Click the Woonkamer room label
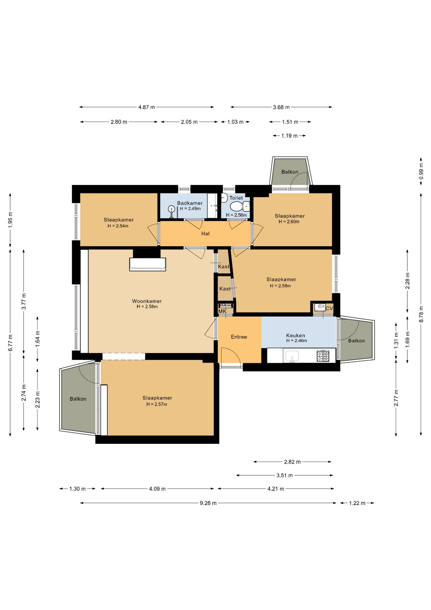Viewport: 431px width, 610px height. coord(147,301)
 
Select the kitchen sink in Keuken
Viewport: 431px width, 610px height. coord(292,356)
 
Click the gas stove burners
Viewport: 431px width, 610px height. coord(323,356)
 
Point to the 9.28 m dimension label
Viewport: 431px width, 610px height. coord(208,503)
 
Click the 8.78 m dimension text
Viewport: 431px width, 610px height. coord(421,314)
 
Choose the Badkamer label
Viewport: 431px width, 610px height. coord(190,203)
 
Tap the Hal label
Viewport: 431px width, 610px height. coord(205,234)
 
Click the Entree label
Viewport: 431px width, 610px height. coord(239,337)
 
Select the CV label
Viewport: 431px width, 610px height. coord(329,308)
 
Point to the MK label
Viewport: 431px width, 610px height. coord(222,311)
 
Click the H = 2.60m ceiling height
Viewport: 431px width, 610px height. coord(289,222)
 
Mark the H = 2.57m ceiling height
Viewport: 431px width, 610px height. coord(157,404)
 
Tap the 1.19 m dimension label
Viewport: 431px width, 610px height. coord(289,136)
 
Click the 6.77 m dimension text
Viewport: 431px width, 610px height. coord(10,343)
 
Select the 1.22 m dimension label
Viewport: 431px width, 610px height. coord(357,503)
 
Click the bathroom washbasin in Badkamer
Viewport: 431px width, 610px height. coord(172,210)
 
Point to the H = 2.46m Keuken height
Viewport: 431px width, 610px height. coord(296,341)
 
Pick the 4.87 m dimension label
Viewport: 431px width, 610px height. coord(147,107)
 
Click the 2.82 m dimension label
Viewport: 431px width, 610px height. coord(292,462)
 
